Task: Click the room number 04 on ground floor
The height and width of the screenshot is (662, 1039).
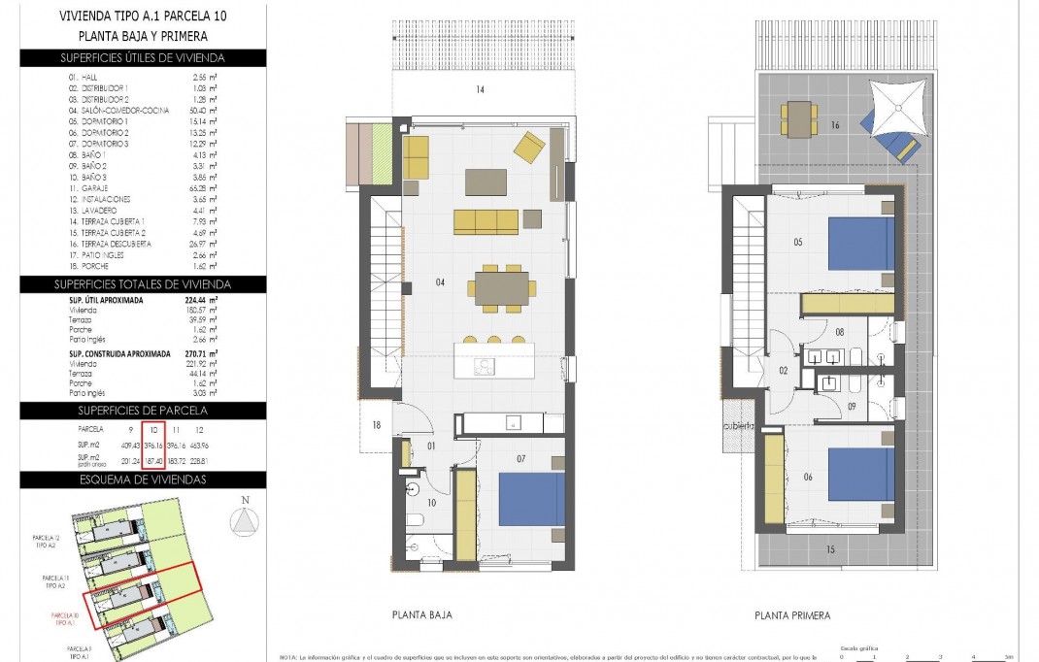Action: click(440, 282)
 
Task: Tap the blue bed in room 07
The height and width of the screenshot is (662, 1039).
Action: click(532, 499)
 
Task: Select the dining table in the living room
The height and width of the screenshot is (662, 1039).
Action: click(502, 287)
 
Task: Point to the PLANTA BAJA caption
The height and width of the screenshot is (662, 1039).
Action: click(421, 614)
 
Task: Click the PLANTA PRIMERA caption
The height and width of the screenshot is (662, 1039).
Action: click(792, 615)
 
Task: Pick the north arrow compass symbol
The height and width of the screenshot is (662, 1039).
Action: click(245, 522)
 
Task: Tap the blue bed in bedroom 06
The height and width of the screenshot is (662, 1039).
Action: click(860, 474)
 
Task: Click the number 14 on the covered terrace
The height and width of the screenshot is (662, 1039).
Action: click(479, 90)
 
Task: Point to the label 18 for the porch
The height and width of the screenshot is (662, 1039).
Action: click(377, 423)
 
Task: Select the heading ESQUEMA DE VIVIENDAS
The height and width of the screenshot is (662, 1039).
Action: click(143, 480)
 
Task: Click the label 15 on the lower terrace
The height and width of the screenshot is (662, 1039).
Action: click(830, 550)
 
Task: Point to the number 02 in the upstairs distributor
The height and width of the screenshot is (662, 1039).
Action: click(784, 370)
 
